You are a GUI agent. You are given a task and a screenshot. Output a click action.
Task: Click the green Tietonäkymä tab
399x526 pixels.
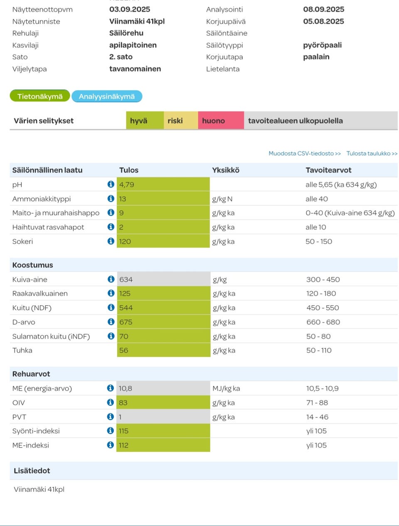coord(40,96)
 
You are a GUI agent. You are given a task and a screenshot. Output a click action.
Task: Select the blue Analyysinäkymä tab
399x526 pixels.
coord(107,96)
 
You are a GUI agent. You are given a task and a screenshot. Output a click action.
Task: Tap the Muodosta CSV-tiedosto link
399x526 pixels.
coord(304,153)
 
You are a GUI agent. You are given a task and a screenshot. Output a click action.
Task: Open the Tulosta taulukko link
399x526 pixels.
coord(372,153)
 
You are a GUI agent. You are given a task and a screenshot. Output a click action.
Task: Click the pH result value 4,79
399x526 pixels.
coord(127,185)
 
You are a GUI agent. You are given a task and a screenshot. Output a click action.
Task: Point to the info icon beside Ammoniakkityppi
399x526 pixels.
coord(111,199)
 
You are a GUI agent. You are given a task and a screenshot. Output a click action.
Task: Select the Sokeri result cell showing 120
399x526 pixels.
coord(125,242)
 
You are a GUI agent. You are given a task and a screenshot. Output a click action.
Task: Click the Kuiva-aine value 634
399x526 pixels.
coord(126,279)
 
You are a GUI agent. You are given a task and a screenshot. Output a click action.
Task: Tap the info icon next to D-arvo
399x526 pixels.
coord(111,322)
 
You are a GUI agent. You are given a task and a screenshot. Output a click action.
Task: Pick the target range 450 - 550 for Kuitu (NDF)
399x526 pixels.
coord(323,308)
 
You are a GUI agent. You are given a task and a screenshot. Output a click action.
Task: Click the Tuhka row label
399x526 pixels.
coord(22,351)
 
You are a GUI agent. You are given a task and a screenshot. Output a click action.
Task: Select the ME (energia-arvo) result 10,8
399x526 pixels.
coord(126,388)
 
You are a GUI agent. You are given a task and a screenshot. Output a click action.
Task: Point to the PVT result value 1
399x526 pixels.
coord(120,417)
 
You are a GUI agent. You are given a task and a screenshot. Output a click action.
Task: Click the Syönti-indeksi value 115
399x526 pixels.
coord(123,431)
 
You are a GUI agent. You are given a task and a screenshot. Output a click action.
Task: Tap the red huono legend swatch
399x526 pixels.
coord(220,121)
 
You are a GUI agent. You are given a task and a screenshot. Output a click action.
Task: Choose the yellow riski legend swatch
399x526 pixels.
coord(180,121)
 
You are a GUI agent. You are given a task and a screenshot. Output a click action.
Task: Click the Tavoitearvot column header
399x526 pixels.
coord(328,170)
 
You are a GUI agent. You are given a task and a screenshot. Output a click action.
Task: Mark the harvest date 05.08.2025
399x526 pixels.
coord(323,21)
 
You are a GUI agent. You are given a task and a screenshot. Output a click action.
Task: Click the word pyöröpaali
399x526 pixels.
coord(322,45)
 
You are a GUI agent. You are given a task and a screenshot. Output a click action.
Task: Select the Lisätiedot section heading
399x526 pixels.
coord(32,471)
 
